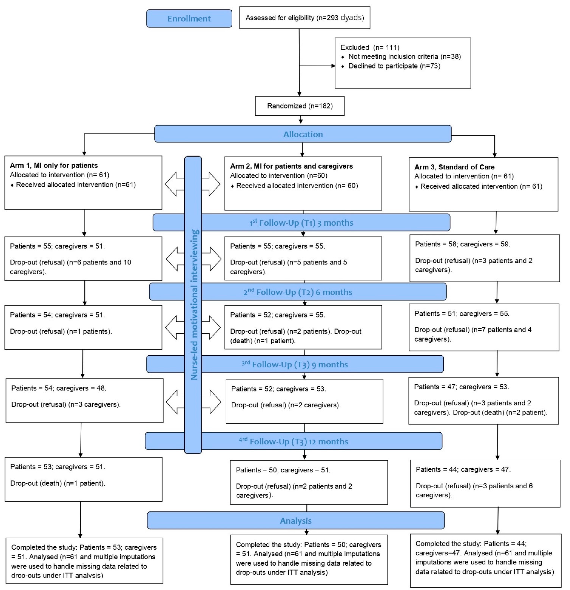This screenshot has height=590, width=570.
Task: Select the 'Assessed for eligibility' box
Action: (x=304, y=18)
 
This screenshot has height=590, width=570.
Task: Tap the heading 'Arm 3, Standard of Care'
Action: (x=454, y=167)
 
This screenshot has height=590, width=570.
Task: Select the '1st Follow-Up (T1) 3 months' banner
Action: (x=301, y=223)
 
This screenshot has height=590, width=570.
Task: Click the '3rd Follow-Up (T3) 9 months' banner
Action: (x=295, y=364)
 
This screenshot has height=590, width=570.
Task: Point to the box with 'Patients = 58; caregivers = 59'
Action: (x=484, y=258)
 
